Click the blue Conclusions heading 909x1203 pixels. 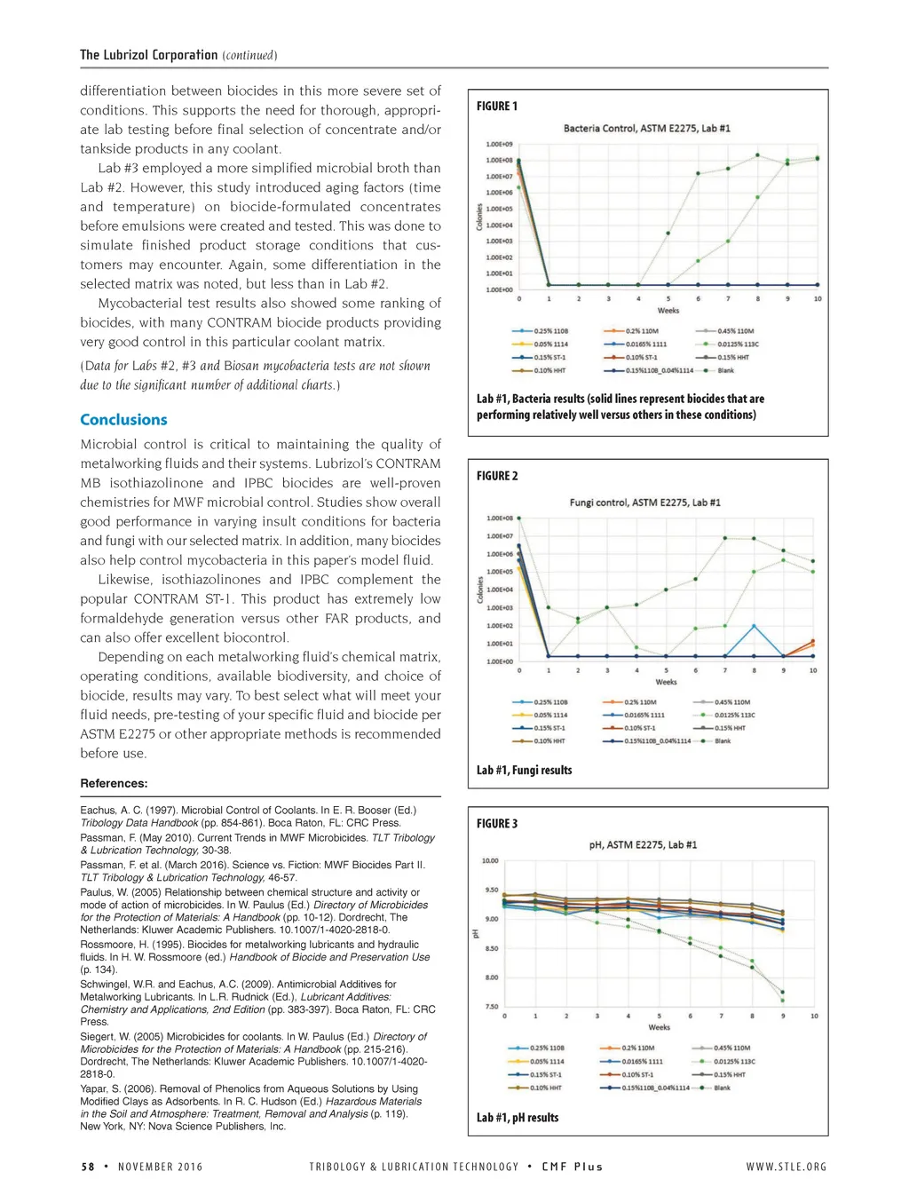123,420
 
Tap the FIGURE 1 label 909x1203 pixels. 497,107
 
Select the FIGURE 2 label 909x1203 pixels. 497,476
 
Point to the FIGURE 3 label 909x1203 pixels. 497,824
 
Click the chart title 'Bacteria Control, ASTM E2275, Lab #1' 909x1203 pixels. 646,129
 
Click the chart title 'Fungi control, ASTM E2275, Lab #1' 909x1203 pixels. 644,503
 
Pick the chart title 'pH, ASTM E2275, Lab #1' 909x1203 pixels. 643,845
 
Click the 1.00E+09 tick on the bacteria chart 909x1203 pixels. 499,144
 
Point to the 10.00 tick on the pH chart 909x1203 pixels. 490,860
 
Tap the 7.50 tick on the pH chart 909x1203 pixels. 491,1007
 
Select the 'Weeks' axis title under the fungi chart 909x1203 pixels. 666,682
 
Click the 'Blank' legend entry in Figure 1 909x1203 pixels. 725,370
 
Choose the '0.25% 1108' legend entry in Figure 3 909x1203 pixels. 547,1048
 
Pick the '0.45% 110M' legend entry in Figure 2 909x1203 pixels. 733,702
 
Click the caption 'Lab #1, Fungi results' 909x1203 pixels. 524,771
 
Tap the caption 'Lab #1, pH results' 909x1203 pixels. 518,1118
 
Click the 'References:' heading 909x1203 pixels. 114,783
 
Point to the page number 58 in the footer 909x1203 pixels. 88,1167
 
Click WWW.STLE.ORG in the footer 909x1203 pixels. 786,1167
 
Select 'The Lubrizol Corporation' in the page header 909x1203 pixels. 148,55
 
